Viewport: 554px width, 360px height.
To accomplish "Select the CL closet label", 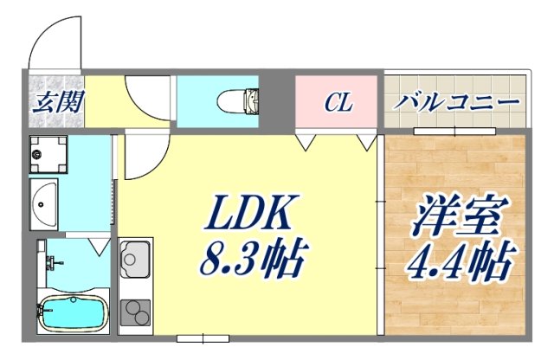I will (338, 104).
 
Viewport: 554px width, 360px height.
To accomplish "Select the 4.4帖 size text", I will (460, 259).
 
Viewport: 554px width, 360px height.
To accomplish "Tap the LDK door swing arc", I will (138, 156).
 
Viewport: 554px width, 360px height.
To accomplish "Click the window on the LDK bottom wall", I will (198, 334).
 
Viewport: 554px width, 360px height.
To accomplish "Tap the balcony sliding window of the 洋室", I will (454, 131).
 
